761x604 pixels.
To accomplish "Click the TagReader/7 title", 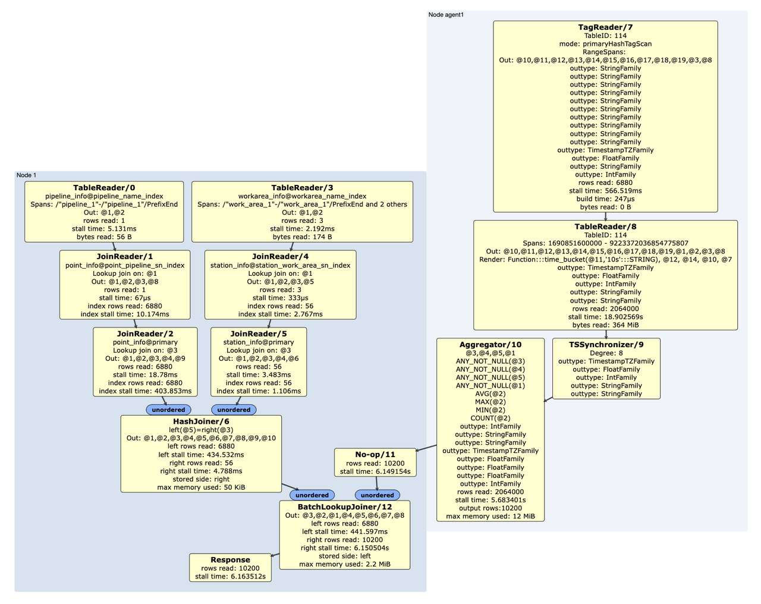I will (x=605, y=27).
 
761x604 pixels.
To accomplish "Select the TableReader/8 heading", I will (x=605, y=227).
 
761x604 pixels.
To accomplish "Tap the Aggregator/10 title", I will (x=490, y=345).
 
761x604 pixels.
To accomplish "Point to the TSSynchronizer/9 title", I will (x=606, y=345).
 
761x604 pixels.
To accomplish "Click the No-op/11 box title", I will (x=375, y=455).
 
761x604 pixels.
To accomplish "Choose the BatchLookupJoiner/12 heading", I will (x=345, y=507).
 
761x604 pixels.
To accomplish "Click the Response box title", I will (x=230, y=560).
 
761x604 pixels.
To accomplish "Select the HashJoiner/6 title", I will (x=201, y=421).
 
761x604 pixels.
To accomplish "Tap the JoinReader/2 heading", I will (x=145, y=334).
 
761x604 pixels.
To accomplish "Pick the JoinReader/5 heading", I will (x=259, y=334).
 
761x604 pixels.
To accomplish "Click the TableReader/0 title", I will (x=104, y=188).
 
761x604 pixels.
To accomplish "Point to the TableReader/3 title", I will (x=302, y=188).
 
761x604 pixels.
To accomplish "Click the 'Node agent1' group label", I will (x=446, y=14).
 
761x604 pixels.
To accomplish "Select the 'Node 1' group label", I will (x=26, y=175).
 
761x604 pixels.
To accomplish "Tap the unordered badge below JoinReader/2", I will (x=169, y=410).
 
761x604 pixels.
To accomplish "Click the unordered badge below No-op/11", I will (x=378, y=495).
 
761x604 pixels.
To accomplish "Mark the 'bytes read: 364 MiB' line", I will (x=605, y=325).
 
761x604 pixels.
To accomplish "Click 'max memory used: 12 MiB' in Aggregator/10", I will (x=490, y=516).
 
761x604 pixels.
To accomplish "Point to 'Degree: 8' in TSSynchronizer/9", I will (x=606, y=353).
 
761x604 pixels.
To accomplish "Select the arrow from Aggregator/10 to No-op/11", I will (x=427, y=448).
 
